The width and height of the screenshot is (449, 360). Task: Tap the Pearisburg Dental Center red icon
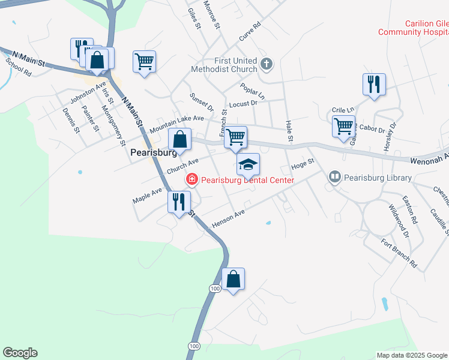pos(191,179)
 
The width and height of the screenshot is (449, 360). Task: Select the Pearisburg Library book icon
pos(334,177)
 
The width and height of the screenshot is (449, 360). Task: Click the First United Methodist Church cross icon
pos(267,62)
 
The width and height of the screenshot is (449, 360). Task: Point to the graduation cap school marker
pos(248,164)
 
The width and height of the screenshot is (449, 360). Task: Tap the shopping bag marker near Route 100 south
pos(233,280)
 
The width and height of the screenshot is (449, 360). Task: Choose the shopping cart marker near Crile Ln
pos(343,127)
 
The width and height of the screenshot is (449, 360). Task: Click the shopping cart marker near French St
pos(235,137)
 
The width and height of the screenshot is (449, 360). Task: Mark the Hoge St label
pos(303,164)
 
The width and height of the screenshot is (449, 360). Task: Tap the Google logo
pos(20,353)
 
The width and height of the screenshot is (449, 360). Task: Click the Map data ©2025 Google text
pos(412,355)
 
